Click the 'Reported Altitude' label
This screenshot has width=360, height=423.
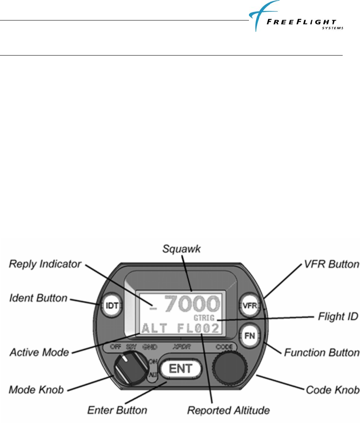[228, 410]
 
